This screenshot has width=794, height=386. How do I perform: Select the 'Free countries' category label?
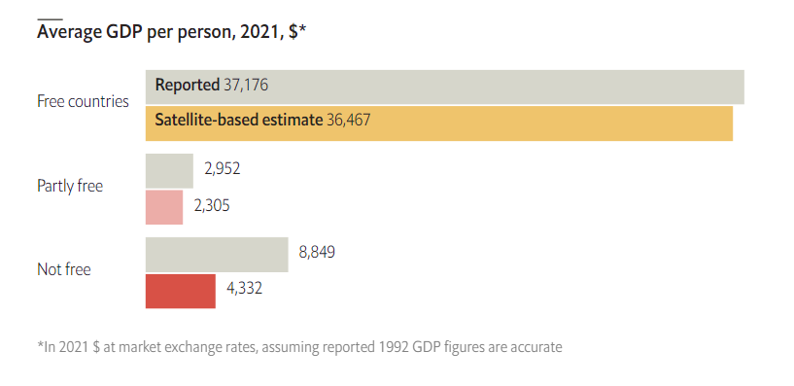click(x=83, y=101)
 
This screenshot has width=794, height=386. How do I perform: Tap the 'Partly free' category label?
click(x=70, y=186)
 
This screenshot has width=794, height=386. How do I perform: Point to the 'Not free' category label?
click(x=63, y=269)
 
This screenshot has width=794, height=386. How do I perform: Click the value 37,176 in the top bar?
click(x=246, y=86)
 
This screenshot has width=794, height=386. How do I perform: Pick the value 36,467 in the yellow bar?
click(x=347, y=122)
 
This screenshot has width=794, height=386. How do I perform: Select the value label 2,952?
click(x=222, y=169)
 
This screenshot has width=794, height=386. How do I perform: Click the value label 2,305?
click(x=212, y=205)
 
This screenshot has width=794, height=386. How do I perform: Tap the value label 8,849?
click(x=317, y=253)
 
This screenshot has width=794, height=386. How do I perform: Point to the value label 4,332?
click(x=244, y=289)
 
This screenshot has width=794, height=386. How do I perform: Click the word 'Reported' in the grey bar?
click(x=187, y=86)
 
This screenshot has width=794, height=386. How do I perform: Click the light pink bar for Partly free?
click(x=163, y=206)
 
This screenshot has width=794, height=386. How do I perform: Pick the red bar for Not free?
click(x=180, y=291)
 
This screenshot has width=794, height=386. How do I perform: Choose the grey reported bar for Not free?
click(x=216, y=254)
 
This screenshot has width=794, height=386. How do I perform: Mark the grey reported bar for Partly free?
click(x=169, y=170)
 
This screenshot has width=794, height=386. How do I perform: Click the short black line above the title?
click(x=50, y=18)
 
